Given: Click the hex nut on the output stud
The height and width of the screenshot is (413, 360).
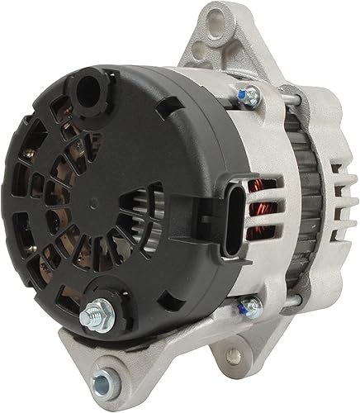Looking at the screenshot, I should [x=93, y=312].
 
